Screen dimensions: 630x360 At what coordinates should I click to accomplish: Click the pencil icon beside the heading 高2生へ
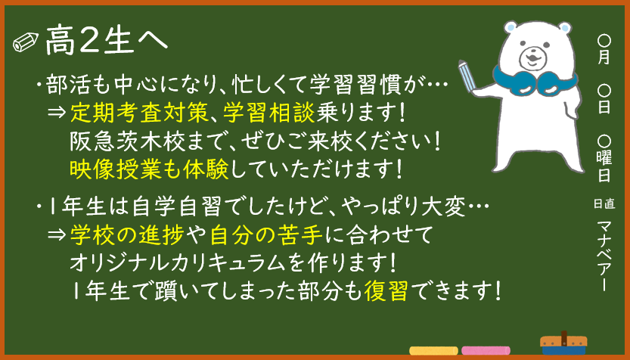click(x=26, y=42)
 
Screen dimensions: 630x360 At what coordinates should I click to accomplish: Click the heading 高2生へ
click(x=106, y=41)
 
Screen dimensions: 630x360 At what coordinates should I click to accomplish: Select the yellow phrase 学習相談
click(x=269, y=112)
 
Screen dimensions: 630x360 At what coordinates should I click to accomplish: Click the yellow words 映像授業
click(x=116, y=169)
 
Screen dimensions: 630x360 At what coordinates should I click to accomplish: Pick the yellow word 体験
click(x=206, y=169)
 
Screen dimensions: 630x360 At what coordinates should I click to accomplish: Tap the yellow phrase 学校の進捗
click(x=127, y=235)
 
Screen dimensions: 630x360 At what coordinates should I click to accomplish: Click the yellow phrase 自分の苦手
click(x=266, y=235)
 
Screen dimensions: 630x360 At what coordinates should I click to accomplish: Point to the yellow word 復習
click(x=386, y=290)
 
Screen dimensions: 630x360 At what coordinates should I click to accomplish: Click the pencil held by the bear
click(x=467, y=76)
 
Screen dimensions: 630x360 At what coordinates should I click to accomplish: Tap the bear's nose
click(x=532, y=54)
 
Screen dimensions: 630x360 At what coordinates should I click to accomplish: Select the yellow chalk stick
click(x=433, y=350)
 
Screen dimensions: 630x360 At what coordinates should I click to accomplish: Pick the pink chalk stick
click(x=486, y=350)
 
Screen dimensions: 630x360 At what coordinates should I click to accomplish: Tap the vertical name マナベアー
click(x=604, y=256)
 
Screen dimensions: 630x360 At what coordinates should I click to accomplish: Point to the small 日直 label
click(x=604, y=203)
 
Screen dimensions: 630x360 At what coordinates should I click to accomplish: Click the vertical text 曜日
click(x=604, y=166)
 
